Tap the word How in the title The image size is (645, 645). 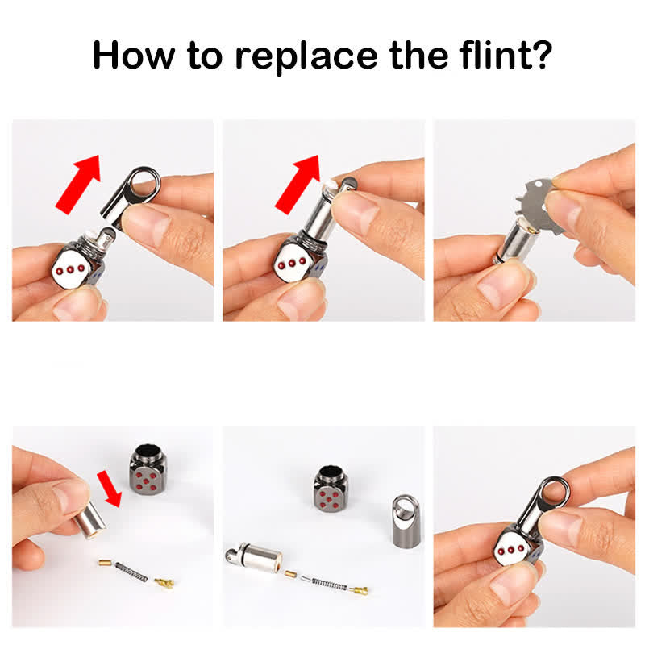click(134, 55)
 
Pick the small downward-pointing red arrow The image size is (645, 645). click(110, 489)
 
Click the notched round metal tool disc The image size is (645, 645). click(539, 206)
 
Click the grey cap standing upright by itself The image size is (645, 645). click(406, 521)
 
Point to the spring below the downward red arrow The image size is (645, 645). click(131, 572)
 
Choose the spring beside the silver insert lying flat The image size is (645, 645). click(329, 584)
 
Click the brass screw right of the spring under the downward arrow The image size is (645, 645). click(164, 581)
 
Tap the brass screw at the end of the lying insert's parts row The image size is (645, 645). click(359, 591)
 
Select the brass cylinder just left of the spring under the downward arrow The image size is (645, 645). click(105, 562)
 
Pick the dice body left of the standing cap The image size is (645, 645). click(330, 489)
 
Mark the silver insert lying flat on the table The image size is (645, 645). click(253, 556)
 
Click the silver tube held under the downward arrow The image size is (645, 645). click(89, 520)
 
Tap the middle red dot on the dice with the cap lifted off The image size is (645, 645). click(70, 270)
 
